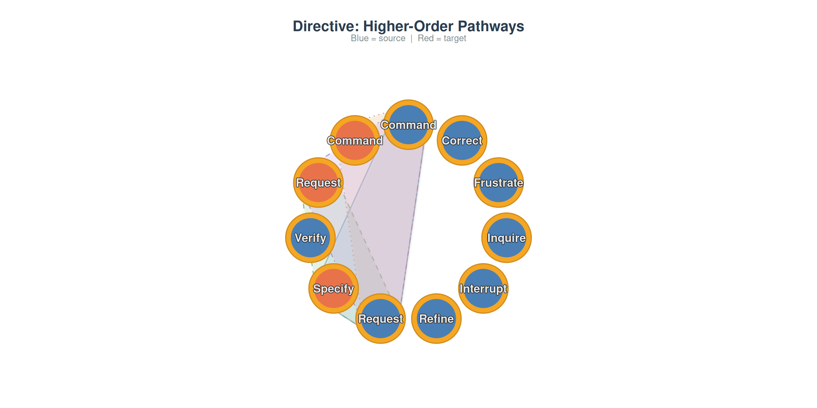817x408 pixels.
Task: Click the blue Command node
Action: point(408,125)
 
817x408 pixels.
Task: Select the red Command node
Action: point(355,140)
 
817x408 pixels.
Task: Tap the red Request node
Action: point(319,182)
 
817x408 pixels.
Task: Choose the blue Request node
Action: point(381,318)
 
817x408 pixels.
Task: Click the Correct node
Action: point(462,140)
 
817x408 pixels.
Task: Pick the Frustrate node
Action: point(498,182)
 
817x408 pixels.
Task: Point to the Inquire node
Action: point(506,238)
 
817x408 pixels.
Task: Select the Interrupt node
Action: point(483,288)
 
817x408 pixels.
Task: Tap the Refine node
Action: point(436,318)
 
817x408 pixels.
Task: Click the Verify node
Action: point(311,238)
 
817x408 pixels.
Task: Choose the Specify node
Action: point(334,288)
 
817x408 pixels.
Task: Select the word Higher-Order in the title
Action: point(408,26)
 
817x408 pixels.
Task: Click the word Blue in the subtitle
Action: point(360,38)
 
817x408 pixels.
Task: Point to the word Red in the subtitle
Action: point(426,38)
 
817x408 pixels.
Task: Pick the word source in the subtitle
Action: point(392,39)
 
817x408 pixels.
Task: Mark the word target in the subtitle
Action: point(455,39)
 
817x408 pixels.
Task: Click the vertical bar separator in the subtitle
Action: point(411,39)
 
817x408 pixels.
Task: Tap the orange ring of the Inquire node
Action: point(506,216)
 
